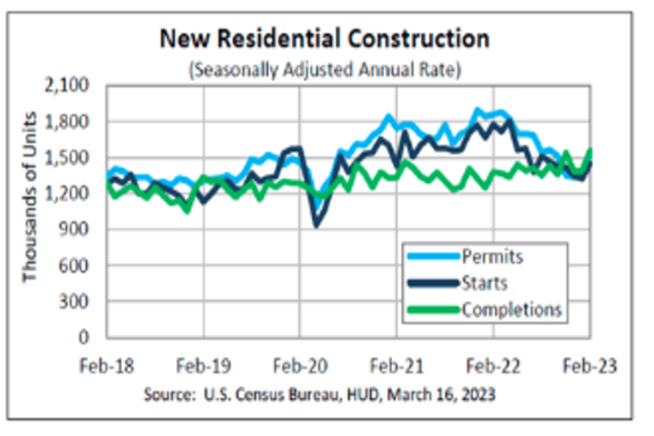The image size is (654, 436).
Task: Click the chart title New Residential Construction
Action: click(x=324, y=39)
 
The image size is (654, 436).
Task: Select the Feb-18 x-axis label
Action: click(x=107, y=366)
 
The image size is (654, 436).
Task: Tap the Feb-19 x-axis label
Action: click(x=204, y=366)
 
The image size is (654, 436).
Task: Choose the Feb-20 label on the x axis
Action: click(x=300, y=366)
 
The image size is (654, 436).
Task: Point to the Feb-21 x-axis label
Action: click(x=397, y=366)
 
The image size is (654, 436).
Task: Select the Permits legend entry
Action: click(x=492, y=256)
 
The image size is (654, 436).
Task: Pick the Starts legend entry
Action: click(x=485, y=283)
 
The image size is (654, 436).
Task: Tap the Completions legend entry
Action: click(x=511, y=310)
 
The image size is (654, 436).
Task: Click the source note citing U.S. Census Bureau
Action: click(x=319, y=395)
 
